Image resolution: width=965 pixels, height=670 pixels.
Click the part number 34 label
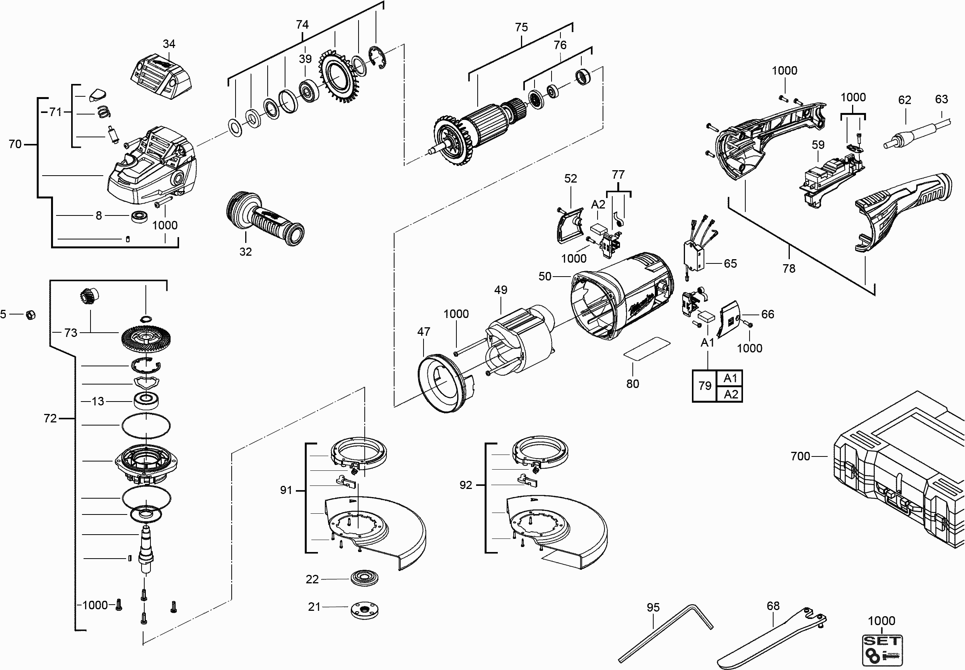[169, 44]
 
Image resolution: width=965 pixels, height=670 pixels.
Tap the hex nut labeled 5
[30, 314]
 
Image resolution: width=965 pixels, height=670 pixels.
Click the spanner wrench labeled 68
[772, 638]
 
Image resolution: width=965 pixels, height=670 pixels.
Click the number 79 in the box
[705, 386]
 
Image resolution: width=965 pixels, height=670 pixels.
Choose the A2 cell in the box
[730, 395]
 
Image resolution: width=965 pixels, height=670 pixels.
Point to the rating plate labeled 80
[646, 348]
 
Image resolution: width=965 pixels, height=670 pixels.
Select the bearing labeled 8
[139, 217]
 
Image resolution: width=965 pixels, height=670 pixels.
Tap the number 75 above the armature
[521, 27]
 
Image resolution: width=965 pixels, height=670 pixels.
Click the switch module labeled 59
[829, 181]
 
